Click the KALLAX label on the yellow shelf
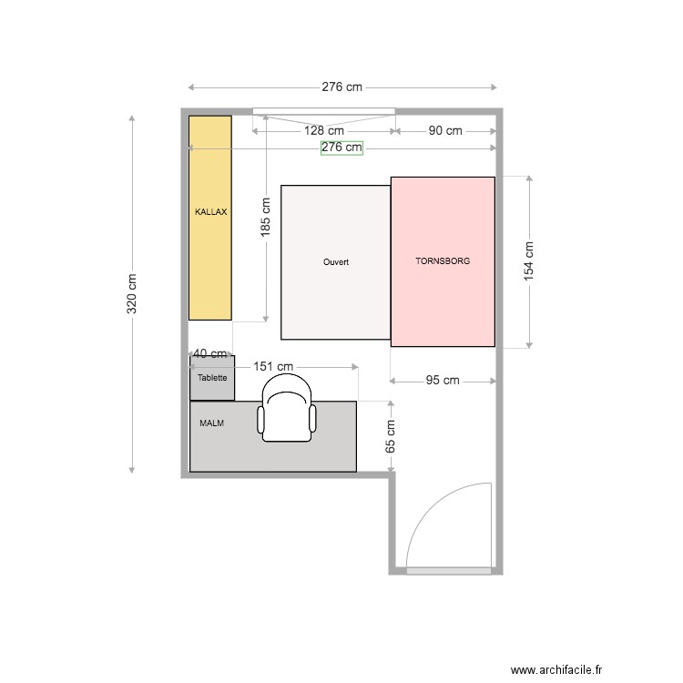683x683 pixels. [x=210, y=211]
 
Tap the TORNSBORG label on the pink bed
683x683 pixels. [x=443, y=260]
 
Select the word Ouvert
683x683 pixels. [x=336, y=261]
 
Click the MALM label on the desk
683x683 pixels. [x=212, y=423]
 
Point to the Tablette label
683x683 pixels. [x=212, y=377]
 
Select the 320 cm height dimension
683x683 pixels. [x=132, y=294]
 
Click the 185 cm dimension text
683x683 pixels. [x=265, y=218]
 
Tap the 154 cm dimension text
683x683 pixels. [x=529, y=262]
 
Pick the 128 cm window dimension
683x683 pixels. [x=324, y=131]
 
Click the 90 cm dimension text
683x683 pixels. [x=445, y=131]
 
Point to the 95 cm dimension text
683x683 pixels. [x=443, y=381]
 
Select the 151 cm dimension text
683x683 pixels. [x=273, y=367]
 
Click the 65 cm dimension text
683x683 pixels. [x=391, y=436]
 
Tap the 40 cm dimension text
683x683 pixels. [x=210, y=353]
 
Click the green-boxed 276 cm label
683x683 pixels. [x=341, y=148]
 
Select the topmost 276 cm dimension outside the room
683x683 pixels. [x=341, y=87]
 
